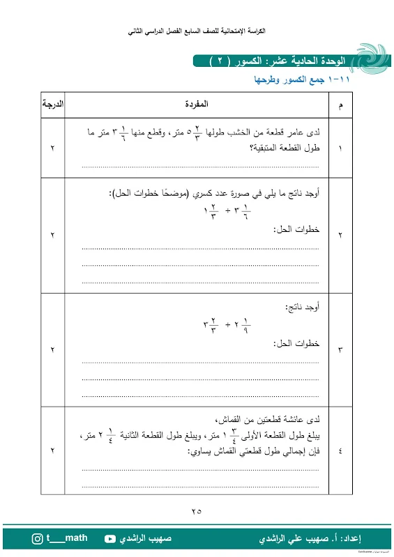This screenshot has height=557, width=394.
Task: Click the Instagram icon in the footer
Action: (x=38, y=539)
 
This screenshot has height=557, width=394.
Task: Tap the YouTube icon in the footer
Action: (x=110, y=539)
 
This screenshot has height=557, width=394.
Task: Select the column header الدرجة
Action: (x=52, y=105)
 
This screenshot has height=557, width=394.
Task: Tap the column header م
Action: (x=340, y=106)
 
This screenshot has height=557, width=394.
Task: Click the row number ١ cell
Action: (x=340, y=148)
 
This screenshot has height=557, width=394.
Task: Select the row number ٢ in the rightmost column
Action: (x=340, y=236)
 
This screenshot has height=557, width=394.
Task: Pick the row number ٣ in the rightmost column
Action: (x=340, y=350)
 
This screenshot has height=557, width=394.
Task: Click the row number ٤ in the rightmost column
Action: (x=340, y=451)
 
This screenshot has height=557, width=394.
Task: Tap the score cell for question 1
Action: (x=52, y=148)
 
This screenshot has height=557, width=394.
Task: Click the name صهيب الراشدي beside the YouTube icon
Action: (x=147, y=539)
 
